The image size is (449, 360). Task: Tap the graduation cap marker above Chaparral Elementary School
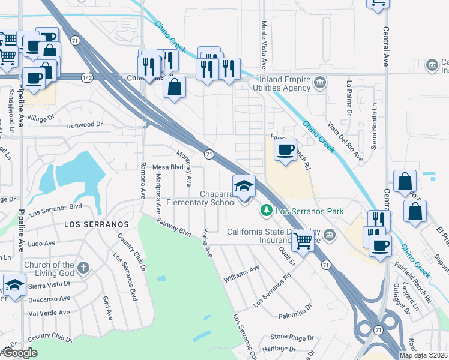coord(244,186)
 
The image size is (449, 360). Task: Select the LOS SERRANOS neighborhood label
coord(97,224)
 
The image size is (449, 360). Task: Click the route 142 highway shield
coord(87,77)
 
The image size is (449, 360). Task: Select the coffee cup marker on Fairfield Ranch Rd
coord(285,149)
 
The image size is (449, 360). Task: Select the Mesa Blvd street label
coord(167,167)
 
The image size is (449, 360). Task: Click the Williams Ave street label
coord(241,274)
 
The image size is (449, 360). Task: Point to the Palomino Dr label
coord(295,311)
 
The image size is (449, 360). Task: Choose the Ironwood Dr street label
coord(85,125)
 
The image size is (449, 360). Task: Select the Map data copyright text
coord(423,355)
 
